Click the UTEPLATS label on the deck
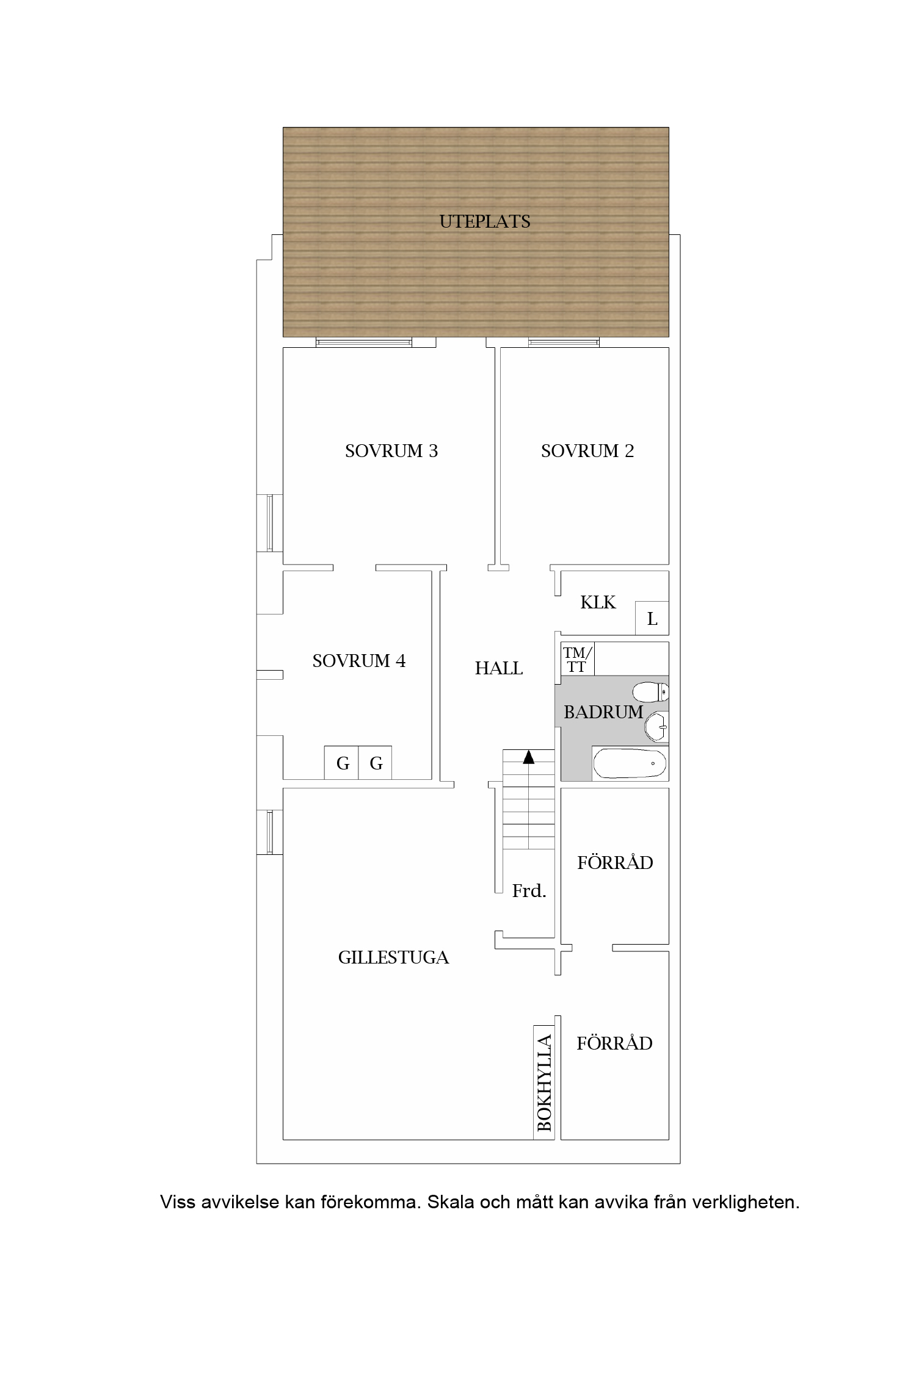[485, 222]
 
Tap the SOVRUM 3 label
[391, 451]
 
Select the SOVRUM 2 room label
[587, 451]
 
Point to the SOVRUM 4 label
[359, 661]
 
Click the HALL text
[499, 669]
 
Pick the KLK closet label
[598, 602]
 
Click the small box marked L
[652, 618]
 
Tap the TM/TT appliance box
[577, 659]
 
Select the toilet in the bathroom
[651, 692]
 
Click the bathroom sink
[657, 726]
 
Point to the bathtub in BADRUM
[630, 763]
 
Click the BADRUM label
[603, 712]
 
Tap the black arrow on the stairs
[529, 757]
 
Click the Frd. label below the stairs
[529, 891]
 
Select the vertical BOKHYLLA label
[544, 1083]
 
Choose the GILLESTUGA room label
[393, 957]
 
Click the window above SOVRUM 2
[564, 342]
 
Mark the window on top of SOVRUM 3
[364, 342]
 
